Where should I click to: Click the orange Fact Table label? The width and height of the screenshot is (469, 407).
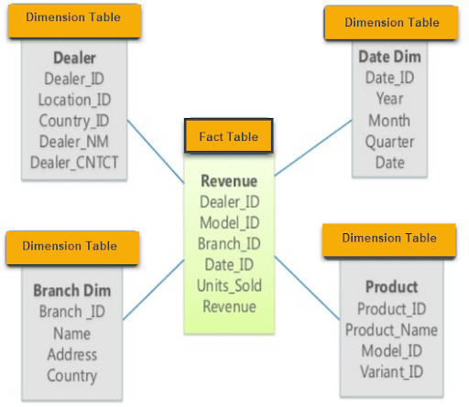(228, 136)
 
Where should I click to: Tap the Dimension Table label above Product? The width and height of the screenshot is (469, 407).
(389, 238)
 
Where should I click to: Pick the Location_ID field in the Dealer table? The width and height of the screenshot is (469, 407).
(75, 100)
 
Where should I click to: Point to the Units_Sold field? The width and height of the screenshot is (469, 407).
(229, 286)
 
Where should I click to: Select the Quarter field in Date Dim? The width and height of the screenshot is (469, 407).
(390, 142)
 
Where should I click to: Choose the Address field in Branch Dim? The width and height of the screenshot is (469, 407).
(71, 355)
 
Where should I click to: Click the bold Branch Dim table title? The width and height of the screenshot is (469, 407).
(71, 291)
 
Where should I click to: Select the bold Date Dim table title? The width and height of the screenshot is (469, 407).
(390, 57)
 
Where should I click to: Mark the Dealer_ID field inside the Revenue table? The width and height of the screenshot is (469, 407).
(229, 202)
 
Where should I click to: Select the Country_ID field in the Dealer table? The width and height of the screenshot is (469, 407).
(75, 121)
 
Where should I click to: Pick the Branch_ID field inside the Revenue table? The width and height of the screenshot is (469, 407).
(229, 244)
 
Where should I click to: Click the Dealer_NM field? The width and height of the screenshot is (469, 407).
(75, 142)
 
